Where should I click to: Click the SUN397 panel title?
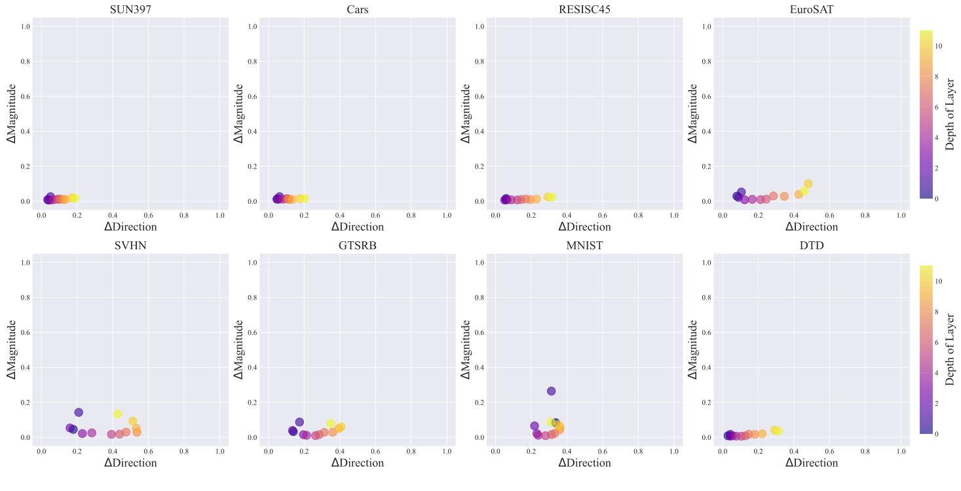130,10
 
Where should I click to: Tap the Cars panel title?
357,10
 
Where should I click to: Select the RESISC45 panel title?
584,10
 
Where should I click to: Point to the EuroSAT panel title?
812,10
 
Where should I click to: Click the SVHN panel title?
130,246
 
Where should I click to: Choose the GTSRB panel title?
357,246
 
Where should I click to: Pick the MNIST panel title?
584,246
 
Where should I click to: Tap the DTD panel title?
812,246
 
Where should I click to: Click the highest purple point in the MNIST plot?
551,391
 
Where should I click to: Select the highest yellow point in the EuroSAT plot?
808,184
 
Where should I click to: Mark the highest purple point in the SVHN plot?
79,412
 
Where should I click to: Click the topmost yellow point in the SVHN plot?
118,414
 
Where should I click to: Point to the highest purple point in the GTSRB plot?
299,422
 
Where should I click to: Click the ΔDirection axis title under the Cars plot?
357,227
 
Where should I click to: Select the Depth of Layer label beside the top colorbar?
951,114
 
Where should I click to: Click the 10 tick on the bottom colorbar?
939,281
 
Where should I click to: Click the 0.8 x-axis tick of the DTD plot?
865,452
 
